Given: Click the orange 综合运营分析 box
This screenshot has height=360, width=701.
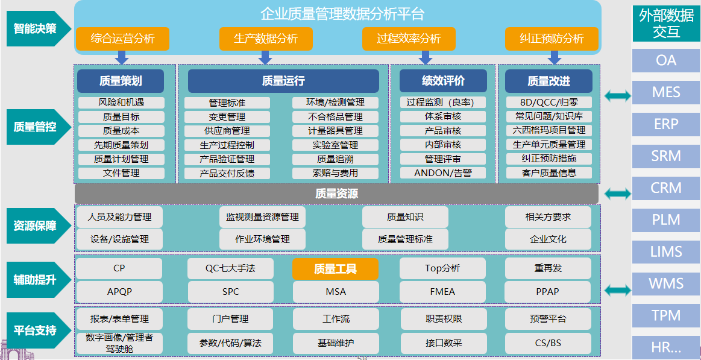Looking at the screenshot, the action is pyautogui.click(x=122, y=39).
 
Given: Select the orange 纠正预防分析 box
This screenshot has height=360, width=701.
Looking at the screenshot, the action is pyautogui.click(x=552, y=39).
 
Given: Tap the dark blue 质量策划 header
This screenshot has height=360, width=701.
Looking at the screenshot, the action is pyautogui.click(x=121, y=81).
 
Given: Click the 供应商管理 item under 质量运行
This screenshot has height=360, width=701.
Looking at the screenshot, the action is pyautogui.click(x=227, y=131).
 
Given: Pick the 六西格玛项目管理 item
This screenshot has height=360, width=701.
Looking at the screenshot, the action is pyautogui.click(x=549, y=131).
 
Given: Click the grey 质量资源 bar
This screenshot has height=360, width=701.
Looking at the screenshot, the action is pyautogui.click(x=337, y=194).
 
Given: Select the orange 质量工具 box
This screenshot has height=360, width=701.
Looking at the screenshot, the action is pyautogui.click(x=335, y=269).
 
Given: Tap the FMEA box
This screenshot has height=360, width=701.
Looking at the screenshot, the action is pyautogui.click(x=442, y=292).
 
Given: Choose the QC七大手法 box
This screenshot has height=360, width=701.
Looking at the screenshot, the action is pyautogui.click(x=231, y=269).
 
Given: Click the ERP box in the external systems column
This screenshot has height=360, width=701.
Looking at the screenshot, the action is pyautogui.click(x=666, y=124).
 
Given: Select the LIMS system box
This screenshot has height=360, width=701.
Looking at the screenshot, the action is pyautogui.click(x=666, y=251).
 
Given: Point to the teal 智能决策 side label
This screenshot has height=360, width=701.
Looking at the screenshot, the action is pyautogui.click(x=39, y=28).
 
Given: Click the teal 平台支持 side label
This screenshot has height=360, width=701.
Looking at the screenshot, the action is pyautogui.click(x=39, y=330).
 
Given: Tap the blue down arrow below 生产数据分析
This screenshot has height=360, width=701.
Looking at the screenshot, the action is pyautogui.click(x=265, y=57).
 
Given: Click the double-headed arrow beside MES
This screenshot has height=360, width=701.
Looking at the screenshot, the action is pyautogui.click(x=617, y=95).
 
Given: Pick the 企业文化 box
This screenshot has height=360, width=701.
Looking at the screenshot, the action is pyautogui.click(x=548, y=239).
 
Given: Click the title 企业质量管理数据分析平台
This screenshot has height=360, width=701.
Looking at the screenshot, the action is pyautogui.click(x=342, y=14).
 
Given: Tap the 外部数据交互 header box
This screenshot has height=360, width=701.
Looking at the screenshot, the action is pyautogui.click(x=666, y=24).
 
